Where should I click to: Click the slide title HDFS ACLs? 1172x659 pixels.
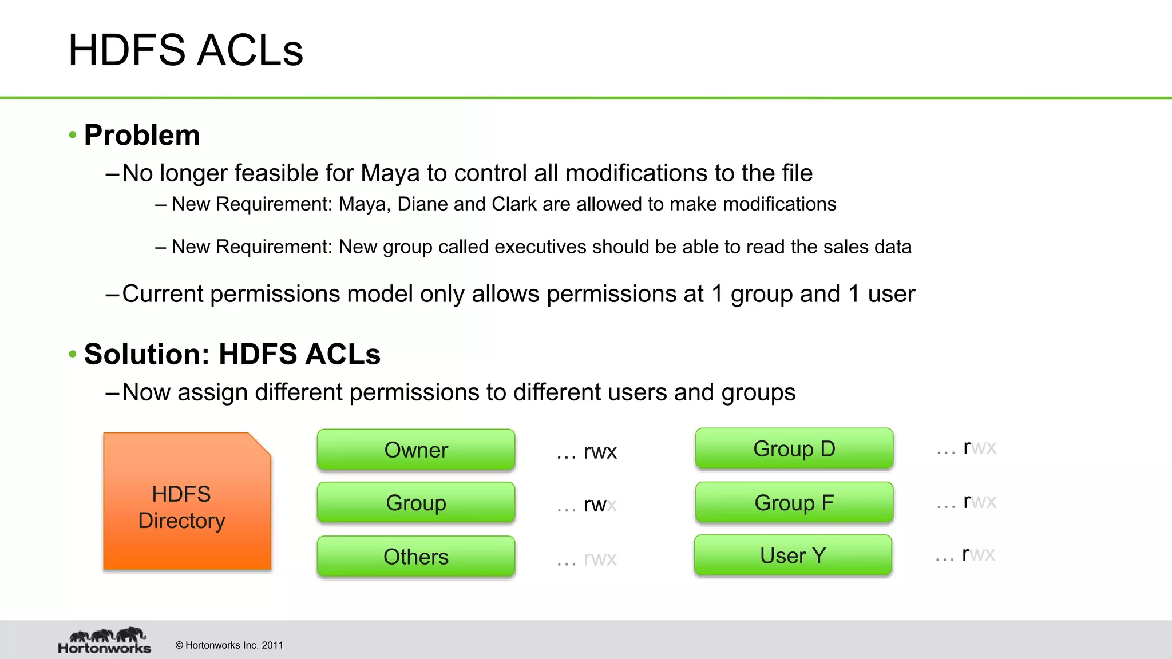[x=185, y=50]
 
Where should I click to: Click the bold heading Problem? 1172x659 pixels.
[x=142, y=136]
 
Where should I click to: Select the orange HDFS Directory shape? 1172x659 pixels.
[x=187, y=502]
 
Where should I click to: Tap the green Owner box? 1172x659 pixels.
[x=416, y=450]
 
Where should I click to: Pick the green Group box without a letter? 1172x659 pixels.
[x=416, y=503]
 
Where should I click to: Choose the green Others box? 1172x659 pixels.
[x=416, y=556]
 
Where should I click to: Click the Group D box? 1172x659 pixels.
[x=794, y=448]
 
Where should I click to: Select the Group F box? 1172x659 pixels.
[x=794, y=502]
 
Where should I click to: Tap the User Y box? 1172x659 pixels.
[x=793, y=555]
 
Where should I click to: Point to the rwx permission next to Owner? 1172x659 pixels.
[x=600, y=452]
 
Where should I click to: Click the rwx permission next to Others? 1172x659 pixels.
[x=600, y=558]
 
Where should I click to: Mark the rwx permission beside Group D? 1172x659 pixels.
[x=979, y=447]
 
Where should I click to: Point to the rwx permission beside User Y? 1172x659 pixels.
[x=978, y=554]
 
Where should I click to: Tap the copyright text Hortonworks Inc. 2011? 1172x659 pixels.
[x=229, y=645]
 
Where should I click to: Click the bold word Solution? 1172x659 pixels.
[x=147, y=354]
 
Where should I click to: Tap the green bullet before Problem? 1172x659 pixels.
[x=73, y=135]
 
